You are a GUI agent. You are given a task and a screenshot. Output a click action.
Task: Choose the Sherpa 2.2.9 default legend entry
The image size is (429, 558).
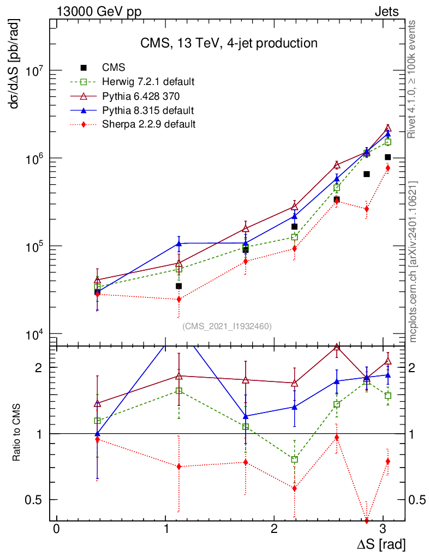click(x=148, y=124)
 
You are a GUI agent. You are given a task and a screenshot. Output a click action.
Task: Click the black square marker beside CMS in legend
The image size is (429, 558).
click(x=84, y=68)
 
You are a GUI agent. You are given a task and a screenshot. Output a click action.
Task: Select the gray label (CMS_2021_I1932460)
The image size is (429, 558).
click(x=227, y=326)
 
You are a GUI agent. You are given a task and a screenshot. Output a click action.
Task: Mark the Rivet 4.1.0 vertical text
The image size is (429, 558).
click(x=413, y=80)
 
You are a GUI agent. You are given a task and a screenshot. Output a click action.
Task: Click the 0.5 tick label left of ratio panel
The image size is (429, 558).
click(x=39, y=500)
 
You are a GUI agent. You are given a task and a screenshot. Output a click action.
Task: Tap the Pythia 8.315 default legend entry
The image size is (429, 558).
click(x=148, y=110)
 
